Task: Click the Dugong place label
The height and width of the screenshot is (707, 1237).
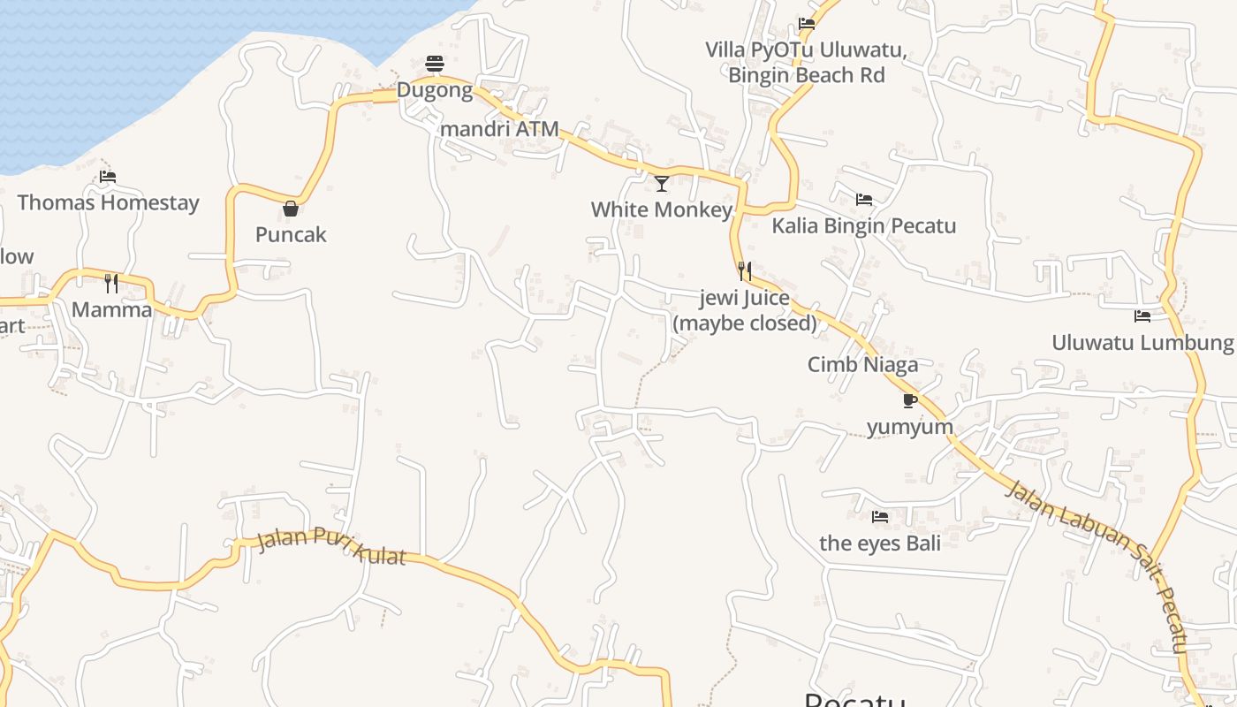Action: [435, 90]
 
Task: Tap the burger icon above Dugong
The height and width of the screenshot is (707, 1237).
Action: [434, 64]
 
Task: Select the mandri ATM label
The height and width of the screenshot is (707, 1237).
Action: [499, 129]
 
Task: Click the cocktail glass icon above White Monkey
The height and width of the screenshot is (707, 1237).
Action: [662, 184]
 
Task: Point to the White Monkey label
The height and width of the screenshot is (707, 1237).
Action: [662, 209]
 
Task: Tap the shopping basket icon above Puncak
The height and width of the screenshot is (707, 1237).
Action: [290, 209]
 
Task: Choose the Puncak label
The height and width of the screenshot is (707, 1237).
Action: [291, 234]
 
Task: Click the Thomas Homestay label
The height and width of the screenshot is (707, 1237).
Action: [108, 202]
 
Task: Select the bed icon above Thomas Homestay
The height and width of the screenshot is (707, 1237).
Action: [108, 177]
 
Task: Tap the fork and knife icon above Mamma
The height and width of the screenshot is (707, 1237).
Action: [111, 284]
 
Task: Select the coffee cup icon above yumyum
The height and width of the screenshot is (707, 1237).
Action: [910, 401]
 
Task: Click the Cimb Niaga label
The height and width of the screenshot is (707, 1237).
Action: [862, 364]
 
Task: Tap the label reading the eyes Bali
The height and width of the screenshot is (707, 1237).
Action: [880, 543]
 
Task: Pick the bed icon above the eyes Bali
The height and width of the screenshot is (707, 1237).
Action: [880, 517]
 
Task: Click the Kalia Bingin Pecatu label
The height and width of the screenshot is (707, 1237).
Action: [864, 225]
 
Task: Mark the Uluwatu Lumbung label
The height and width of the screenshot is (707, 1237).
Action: [1142, 342]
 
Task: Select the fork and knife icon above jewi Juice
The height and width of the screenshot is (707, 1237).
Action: [745, 270]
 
